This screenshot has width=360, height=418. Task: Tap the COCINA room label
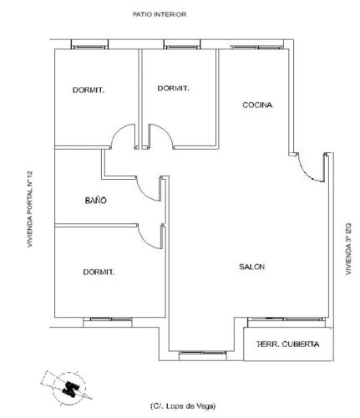pyautogui.click(x=256, y=104)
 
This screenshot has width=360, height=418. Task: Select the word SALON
pyautogui.click(x=251, y=267)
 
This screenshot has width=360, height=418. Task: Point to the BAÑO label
pyautogui.click(x=96, y=201)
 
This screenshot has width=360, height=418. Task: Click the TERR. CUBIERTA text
pyautogui.click(x=287, y=344)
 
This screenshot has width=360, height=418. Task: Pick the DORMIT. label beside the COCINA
pyautogui.click(x=171, y=88)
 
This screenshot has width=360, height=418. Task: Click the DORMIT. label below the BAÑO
pyautogui.click(x=98, y=272)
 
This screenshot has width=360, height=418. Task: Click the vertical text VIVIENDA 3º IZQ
pyautogui.click(x=348, y=248)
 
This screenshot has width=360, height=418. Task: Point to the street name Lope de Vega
pyautogui.click(x=184, y=405)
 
